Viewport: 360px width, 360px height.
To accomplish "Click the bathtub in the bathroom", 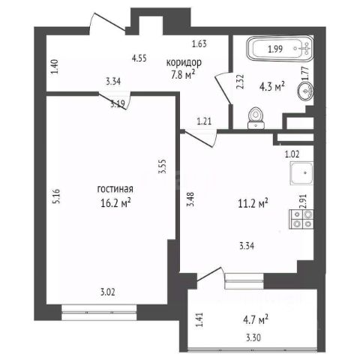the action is (280, 49).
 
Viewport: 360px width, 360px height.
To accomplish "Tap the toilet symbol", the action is (256, 118).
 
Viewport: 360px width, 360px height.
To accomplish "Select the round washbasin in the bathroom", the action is (305, 91).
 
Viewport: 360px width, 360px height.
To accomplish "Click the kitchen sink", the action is (301, 173).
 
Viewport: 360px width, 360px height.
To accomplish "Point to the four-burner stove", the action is (301, 219).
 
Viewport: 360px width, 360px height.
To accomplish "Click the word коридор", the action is (184, 62).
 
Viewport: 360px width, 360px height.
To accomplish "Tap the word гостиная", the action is (115, 189).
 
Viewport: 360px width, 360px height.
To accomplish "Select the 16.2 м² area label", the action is (115, 203).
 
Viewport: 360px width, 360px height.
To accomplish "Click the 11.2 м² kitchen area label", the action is (253, 203).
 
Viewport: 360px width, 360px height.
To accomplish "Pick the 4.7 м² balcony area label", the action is (256, 320).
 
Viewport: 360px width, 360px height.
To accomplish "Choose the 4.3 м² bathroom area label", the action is (272, 87).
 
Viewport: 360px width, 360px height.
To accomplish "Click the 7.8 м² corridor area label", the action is (183, 75).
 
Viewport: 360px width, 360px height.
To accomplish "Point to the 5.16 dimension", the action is (56, 196).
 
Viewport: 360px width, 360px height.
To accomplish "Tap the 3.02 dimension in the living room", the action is (108, 292).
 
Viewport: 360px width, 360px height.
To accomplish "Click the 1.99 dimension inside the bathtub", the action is (275, 49).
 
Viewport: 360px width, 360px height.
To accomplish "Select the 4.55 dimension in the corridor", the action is (139, 58).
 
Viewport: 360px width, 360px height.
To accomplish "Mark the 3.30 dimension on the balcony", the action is (253, 338).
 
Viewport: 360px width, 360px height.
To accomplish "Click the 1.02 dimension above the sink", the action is (292, 154).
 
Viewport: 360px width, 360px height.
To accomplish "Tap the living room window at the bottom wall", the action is (99, 313).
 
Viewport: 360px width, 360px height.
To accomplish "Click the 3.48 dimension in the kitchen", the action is (191, 199).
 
